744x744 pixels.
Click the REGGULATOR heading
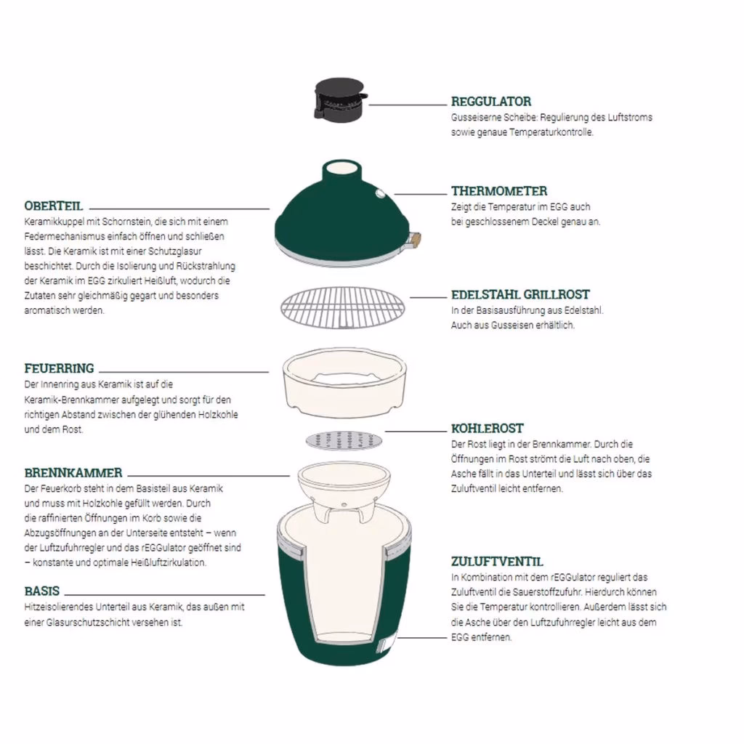(491, 102)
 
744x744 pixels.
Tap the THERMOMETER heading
(499, 191)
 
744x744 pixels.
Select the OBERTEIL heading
(54, 206)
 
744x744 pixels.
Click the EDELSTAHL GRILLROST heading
(520, 295)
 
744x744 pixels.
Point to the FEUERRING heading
(60, 368)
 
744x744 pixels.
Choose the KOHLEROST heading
(488, 429)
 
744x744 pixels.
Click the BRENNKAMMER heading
(73, 473)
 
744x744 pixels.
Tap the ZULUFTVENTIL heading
(497, 562)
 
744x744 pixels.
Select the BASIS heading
(42, 591)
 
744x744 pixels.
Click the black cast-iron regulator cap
(340, 99)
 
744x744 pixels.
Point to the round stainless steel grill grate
(343, 307)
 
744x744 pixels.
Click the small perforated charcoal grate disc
(344, 441)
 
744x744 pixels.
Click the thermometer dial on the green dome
(380, 193)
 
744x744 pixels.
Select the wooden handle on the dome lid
(414, 240)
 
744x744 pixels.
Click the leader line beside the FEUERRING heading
(184, 372)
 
